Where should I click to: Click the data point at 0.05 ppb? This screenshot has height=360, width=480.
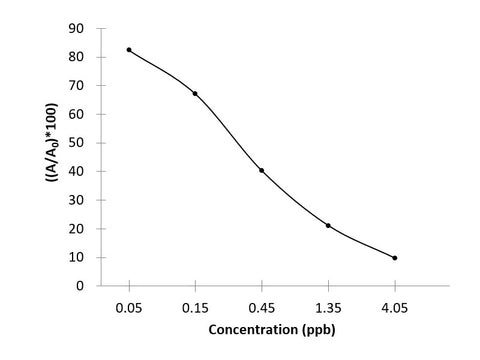click(129, 50)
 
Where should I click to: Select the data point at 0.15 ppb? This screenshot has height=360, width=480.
click(195, 93)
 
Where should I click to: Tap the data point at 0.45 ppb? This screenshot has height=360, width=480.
click(262, 170)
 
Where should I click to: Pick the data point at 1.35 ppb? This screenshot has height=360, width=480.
click(328, 225)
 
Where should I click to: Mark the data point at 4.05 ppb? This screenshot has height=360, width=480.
click(395, 258)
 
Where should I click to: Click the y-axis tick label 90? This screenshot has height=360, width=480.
click(75, 28)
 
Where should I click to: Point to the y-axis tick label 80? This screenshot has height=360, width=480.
click(75, 57)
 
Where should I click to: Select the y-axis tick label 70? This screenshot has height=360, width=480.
click(75, 86)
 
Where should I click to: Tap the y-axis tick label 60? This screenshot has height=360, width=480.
click(75, 114)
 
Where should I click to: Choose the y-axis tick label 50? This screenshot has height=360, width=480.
click(75, 143)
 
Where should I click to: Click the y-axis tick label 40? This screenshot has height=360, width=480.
click(75, 171)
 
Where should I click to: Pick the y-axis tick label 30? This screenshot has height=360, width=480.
click(75, 200)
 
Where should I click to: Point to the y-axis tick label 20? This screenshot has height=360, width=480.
click(75, 229)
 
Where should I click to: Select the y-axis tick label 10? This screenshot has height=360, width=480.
click(75, 257)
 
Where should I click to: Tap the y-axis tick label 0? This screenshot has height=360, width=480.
click(79, 286)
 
